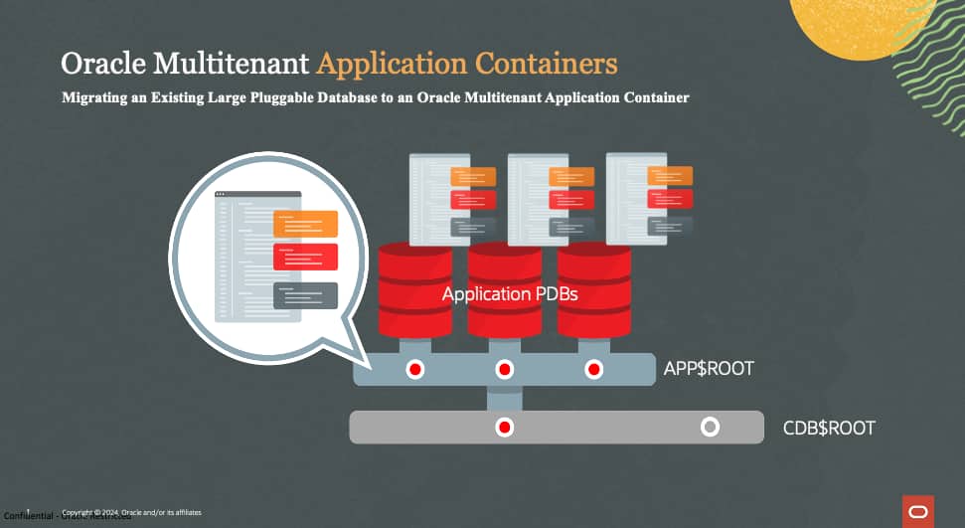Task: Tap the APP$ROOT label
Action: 709,369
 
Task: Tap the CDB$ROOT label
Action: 829,429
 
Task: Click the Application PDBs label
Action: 510,294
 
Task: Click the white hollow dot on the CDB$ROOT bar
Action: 710,428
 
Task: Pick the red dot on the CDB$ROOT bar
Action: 504,428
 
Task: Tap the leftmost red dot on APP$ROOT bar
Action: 414,369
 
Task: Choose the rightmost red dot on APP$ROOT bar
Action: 593,369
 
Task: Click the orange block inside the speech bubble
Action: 305,224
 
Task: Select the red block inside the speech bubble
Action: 305,257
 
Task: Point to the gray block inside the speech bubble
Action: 305,295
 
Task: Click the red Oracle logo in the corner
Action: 917,511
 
